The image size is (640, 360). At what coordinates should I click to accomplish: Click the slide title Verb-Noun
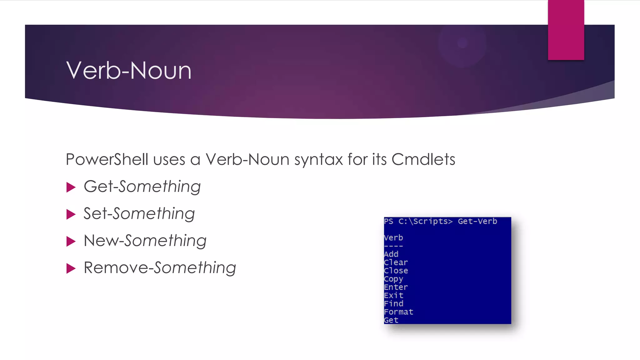[129, 71]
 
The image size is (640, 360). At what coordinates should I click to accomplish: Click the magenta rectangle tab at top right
[566, 30]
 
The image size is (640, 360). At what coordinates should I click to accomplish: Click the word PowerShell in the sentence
[107, 159]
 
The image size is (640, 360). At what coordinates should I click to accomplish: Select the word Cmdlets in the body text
[423, 159]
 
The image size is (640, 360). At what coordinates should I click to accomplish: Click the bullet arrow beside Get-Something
[71, 187]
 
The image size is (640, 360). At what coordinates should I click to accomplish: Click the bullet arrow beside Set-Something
[71, 214]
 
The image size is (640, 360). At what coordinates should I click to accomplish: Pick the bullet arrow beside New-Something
[71, 242]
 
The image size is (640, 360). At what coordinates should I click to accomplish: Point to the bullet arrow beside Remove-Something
[71, 268]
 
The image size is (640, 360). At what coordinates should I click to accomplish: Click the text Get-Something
[142, 187]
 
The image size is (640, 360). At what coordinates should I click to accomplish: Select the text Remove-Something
[160, 268]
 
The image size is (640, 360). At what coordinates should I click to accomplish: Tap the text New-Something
[145, 241]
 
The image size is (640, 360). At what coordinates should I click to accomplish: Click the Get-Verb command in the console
[477, 221]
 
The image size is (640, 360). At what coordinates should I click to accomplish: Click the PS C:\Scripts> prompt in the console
[418, 221]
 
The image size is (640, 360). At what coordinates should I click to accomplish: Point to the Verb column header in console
[393, 238]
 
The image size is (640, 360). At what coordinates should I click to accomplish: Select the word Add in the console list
[391, 254]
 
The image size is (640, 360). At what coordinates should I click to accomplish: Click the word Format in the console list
[398, 312]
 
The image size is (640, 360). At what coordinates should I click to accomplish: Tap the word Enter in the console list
[396, 287]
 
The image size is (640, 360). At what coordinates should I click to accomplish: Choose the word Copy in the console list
[393, 279]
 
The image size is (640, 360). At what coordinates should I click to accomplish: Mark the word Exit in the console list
[394, 295]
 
